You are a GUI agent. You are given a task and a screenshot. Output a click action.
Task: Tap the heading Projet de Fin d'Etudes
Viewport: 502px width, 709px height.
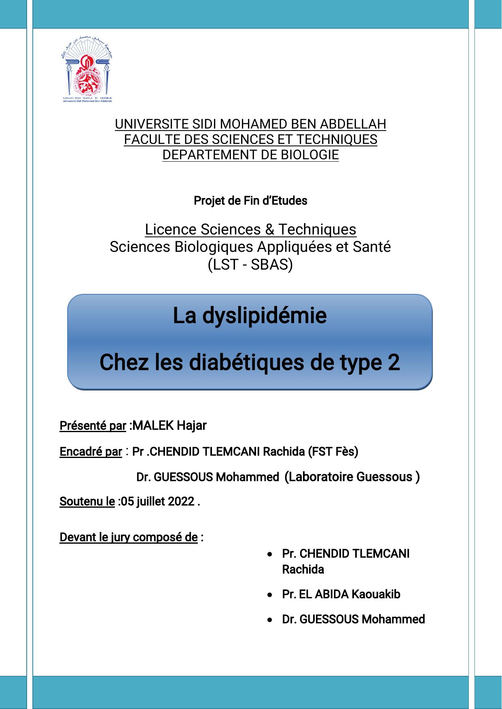tap(250, 200)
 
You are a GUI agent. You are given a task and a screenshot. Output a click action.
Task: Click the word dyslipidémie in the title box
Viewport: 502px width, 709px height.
tap(264, 316)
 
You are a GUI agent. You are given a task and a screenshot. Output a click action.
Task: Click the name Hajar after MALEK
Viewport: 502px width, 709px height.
tap(191, 426)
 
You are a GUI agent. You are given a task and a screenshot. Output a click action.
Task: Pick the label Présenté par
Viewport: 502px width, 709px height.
tap(93, 426)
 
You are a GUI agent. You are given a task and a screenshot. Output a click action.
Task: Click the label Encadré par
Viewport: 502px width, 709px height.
tap(91, 452)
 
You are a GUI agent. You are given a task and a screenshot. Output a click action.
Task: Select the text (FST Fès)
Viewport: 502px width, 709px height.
tap(333, 452)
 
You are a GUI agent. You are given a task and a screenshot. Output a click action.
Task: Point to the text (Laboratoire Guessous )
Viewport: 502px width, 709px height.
tap(352, 477)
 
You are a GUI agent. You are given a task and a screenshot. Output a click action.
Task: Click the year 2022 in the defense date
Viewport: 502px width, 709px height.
tap(181, 502)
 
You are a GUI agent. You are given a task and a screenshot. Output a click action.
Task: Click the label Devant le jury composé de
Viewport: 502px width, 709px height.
tap(128, 537)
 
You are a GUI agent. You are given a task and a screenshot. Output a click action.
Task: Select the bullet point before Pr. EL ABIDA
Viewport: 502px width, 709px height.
tap(270, 595)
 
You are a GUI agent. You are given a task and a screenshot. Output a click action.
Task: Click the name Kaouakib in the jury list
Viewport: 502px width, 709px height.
tap(376, 595)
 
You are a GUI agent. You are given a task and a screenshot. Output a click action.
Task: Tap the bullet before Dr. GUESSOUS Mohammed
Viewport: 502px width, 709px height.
tap(270, 620)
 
